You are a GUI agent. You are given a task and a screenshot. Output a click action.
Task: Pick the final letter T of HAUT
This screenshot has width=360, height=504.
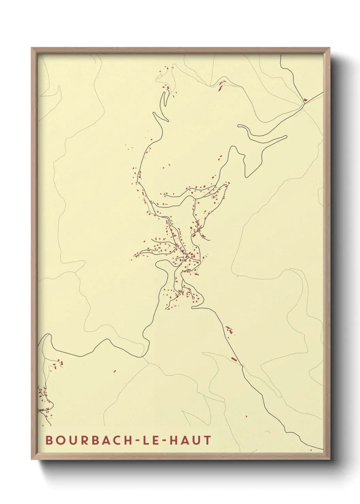pyautogui.click(x=207, y=440)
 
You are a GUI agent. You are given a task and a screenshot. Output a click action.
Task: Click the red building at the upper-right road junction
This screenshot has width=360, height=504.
pyautogui.click(x=305, y=100)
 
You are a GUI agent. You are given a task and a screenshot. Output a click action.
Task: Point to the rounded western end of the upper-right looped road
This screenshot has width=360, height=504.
pyautogui.click(x=239, y=126)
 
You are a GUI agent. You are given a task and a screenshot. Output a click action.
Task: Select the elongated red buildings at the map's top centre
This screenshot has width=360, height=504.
pyautogui.click(x=222, y=85)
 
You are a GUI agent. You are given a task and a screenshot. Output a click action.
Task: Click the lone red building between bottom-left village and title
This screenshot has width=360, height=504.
pyautogui.click(x=115, y=371)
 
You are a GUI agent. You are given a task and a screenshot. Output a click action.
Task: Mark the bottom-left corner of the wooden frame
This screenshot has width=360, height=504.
pyautogui.click(x=32, y=459)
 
